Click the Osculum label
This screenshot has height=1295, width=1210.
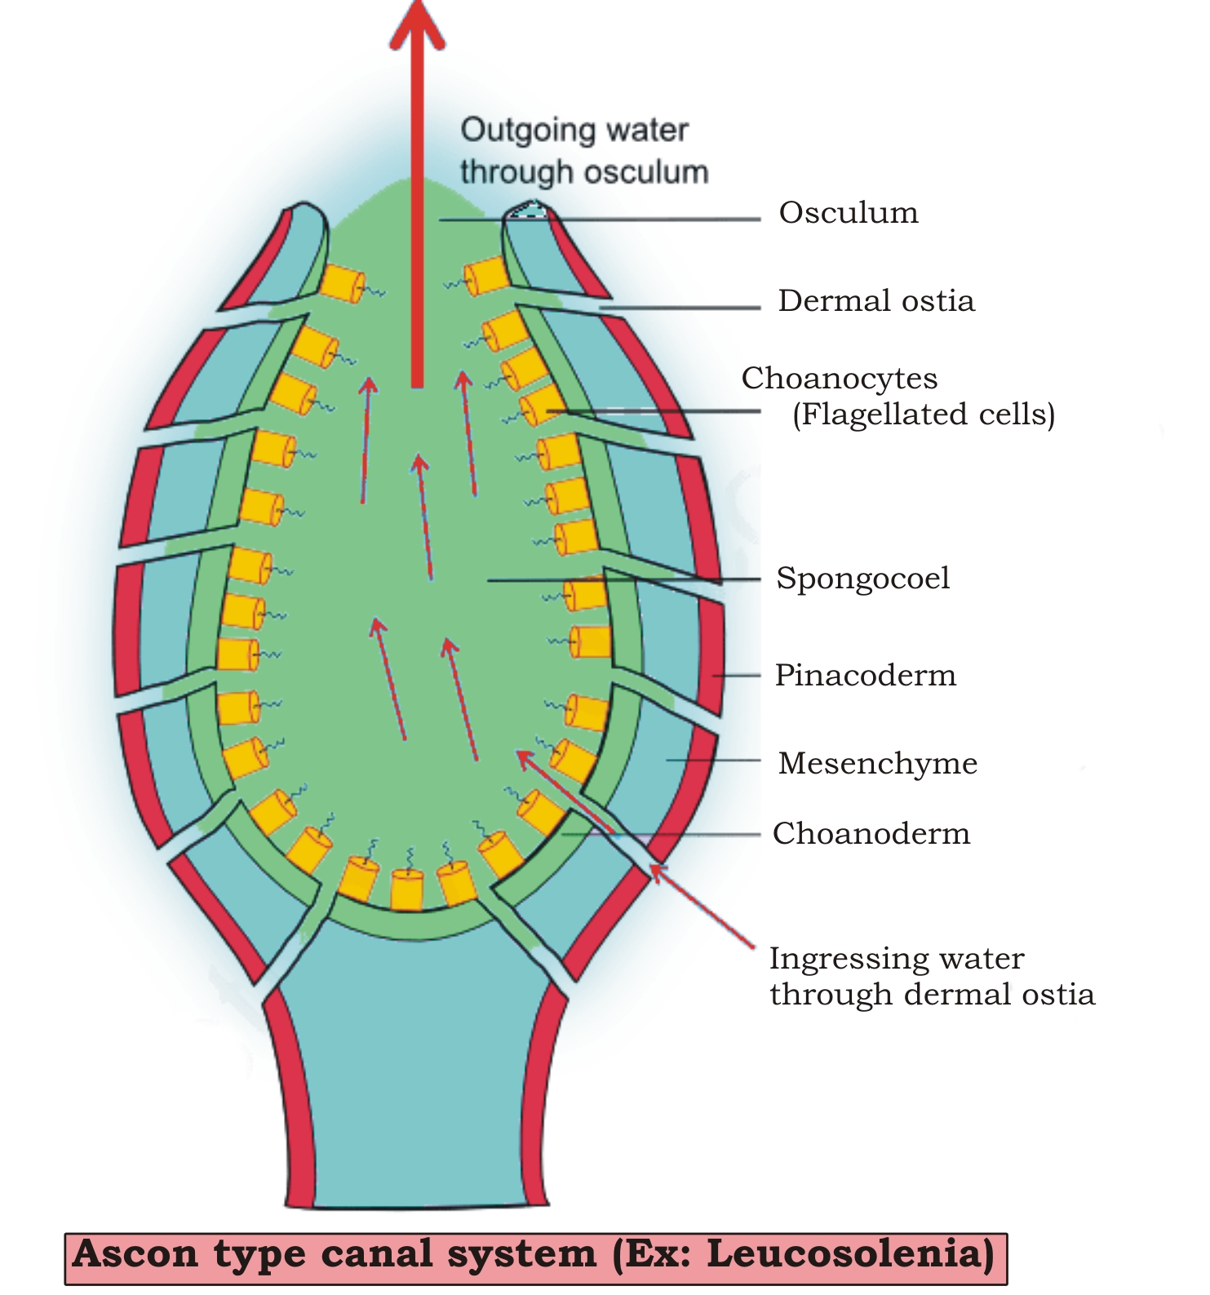849,213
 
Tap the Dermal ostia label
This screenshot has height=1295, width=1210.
876,301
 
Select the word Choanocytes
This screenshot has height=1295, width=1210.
840,379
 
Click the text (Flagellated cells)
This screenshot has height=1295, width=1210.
924,415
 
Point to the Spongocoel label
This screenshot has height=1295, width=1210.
863,579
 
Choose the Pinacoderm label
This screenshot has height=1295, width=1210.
865,676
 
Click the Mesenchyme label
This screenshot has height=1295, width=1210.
878,764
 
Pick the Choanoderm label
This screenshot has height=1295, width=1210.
871,834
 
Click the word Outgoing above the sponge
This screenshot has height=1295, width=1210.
522,131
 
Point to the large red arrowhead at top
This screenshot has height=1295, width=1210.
418,24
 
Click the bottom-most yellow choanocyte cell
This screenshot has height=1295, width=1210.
407,890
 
